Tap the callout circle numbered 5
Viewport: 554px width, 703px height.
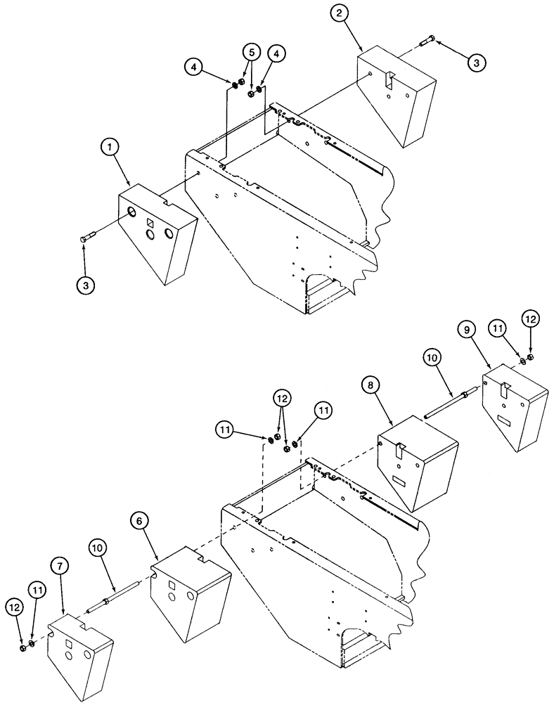(x=252, y=52)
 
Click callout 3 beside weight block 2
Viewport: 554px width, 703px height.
(x=475, y=63)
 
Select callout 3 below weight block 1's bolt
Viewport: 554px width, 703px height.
(x=84, y=286)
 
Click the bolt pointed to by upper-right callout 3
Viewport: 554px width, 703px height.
(x=427, y=43)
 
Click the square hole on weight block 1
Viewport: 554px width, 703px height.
(x=150, y=224)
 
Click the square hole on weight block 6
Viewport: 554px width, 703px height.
(x=172, y=584)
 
